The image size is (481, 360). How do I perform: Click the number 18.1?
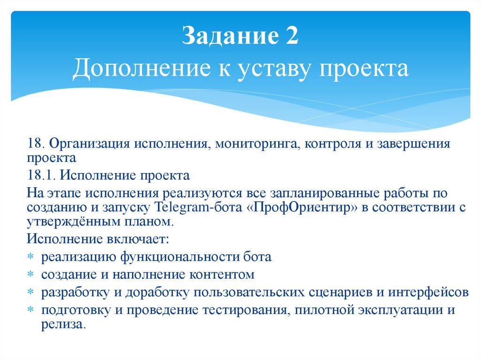tap(41, 176)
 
